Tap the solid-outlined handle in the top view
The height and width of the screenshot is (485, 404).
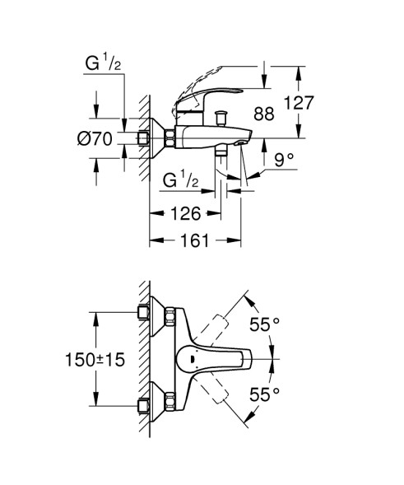pos(217,359)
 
